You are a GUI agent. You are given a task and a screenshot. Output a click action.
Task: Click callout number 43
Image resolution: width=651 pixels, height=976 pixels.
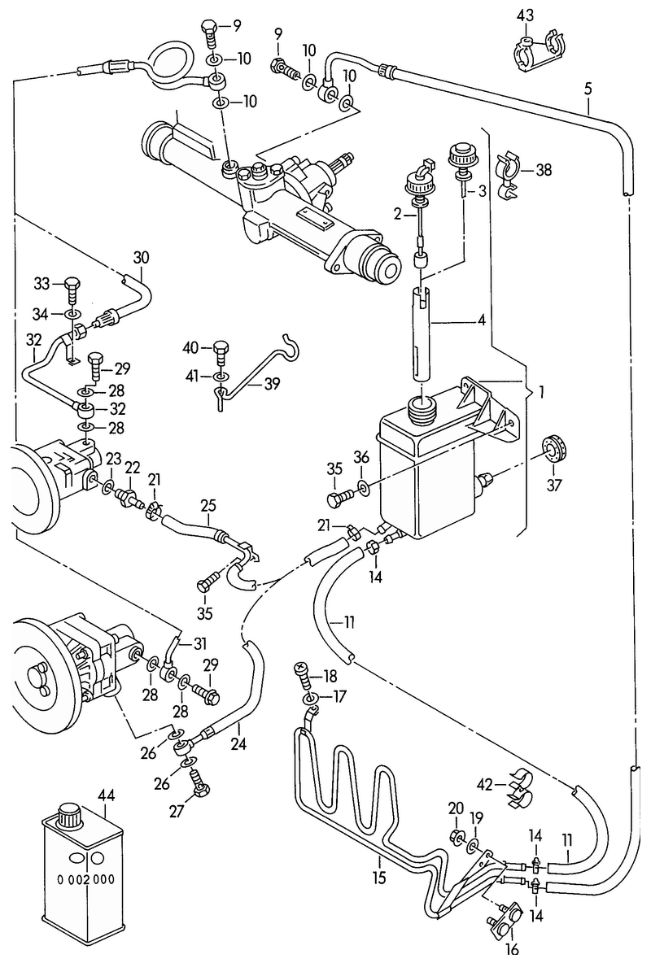525,16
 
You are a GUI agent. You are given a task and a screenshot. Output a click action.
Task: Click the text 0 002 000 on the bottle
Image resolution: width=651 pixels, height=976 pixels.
86,879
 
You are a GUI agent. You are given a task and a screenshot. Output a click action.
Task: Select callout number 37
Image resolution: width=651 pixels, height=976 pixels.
553,485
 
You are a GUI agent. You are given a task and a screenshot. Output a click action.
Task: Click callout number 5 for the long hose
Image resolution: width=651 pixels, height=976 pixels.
588,89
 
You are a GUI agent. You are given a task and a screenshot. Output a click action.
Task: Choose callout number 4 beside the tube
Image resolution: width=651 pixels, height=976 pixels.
481,320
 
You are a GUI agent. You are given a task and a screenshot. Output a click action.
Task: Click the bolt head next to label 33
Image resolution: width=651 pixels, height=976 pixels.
72,284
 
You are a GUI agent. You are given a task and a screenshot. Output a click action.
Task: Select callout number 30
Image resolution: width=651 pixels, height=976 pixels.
141,258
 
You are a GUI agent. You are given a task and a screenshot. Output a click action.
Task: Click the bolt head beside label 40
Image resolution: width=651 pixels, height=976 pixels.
221,349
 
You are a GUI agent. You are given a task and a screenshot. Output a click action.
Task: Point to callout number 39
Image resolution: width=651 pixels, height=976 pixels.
271,384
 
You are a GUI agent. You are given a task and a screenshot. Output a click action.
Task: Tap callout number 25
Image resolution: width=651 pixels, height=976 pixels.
208,506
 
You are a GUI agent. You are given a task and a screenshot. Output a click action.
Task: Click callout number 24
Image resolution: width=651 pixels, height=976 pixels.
238,743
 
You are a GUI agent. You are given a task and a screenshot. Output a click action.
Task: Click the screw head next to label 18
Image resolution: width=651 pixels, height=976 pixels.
303,668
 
